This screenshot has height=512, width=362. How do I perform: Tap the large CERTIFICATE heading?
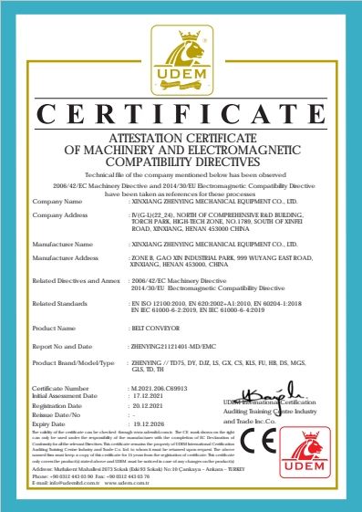point(181,112)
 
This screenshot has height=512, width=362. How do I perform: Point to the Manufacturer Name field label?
point(63,245)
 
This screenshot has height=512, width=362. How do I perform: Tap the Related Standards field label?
point(59,302)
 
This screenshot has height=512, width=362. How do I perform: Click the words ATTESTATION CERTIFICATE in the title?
point(181,136)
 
